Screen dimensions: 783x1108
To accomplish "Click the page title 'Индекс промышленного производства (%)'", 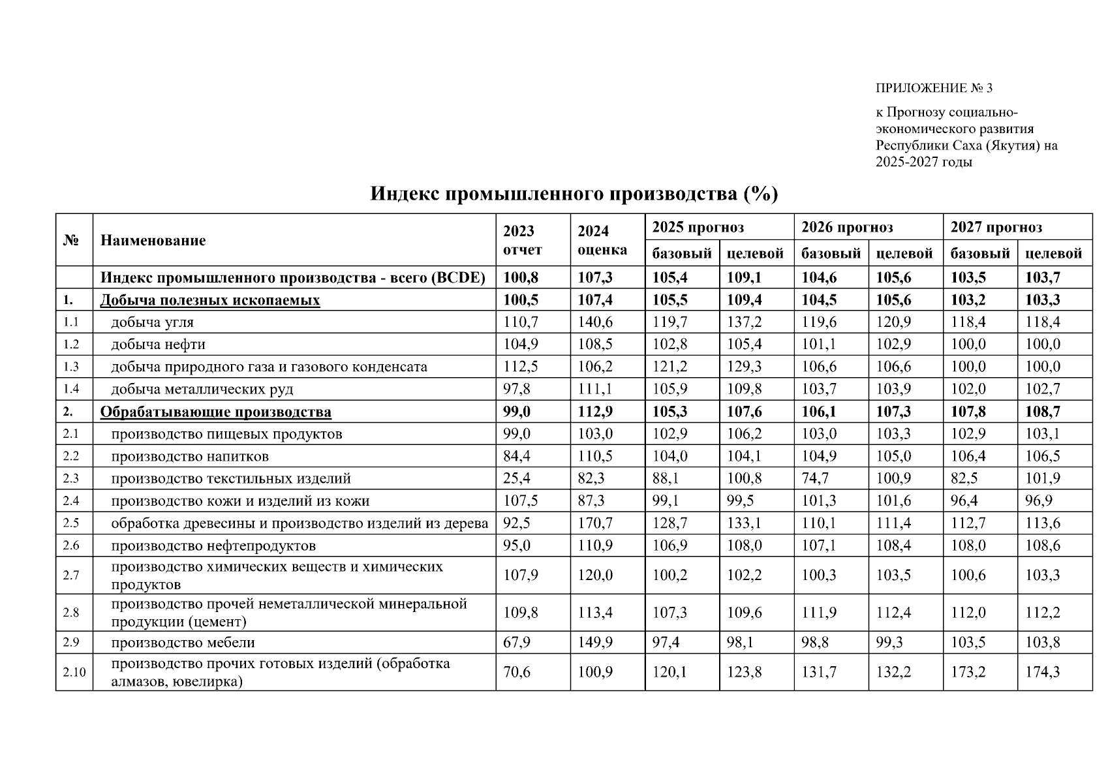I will tap(574, 194).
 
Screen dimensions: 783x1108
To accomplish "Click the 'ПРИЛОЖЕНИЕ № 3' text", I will tap(933, 88).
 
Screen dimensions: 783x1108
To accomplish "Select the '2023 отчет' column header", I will tap(523, 240).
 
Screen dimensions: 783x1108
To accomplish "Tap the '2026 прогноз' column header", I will tap(847, 227).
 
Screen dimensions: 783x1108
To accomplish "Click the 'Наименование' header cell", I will tap(153, 240).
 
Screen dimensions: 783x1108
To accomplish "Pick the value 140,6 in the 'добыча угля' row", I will tap(595, 322).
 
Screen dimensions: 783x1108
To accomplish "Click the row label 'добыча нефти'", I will tap(158, 345).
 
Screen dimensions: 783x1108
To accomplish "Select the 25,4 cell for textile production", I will tap(517, 478).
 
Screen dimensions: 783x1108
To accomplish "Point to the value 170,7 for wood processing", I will tap(595, 523).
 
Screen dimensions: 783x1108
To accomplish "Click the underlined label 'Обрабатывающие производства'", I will tap(215, 412).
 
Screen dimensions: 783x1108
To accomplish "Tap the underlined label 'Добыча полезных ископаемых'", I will tap(209, 300).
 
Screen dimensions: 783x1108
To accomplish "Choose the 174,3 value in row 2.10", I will tap(1042, 672).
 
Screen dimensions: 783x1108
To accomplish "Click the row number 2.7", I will tap(71, 575).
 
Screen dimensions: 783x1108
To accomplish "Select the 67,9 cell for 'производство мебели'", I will tap(517, 643).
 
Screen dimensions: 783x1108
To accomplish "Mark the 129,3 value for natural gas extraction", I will tap(744, 367).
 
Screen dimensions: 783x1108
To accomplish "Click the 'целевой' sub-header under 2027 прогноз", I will tap(1053, 253).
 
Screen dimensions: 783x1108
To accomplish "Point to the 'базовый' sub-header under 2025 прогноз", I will tap(682, 253).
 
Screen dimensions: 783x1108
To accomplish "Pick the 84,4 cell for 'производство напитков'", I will tap(517, 456).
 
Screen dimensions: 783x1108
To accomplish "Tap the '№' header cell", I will tap(71, 240).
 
